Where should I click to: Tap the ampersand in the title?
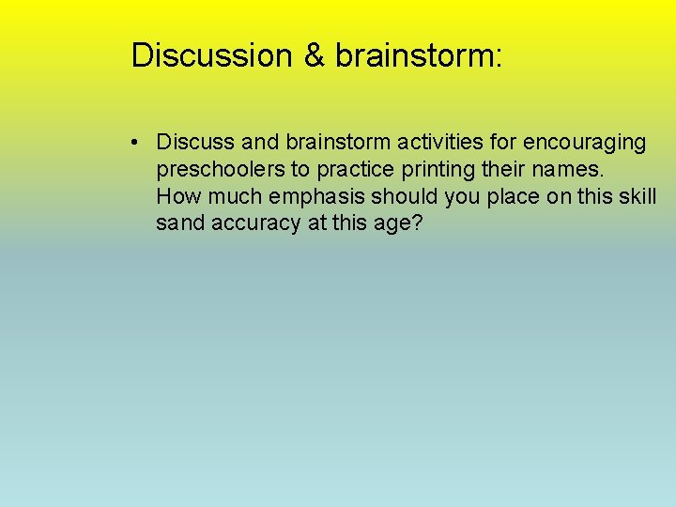coord(314,55)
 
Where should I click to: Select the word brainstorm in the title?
coord(419,55)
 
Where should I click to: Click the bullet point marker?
coord(137,143)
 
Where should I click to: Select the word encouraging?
coord(584,143)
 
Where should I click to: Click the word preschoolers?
coord(214,170)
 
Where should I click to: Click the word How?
coord(176,197)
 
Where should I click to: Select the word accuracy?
coord(256,224)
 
